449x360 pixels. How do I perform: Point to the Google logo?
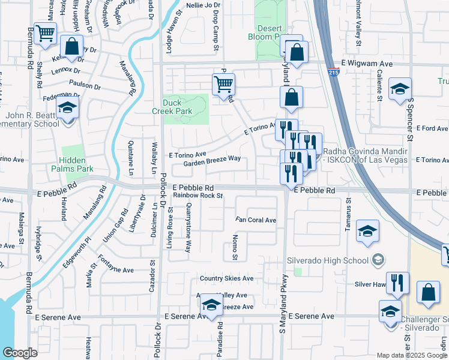(x=20, y=353)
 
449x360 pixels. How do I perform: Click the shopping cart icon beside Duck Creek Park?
(x=223, y=85)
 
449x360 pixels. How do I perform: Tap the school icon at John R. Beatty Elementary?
(x=68, y=109)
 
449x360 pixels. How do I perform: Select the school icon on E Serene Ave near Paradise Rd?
(x=211, y=305)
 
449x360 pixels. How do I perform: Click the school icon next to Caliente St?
(x=400, y=89)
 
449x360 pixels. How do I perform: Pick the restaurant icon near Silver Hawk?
(x=397, y=283)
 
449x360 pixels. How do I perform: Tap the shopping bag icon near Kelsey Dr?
(x=71, y=47)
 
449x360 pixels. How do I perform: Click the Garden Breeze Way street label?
(x=212, y=159)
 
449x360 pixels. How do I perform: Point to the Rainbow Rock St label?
(x=198, y=196)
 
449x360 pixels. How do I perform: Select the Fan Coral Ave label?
(x=256, y=220)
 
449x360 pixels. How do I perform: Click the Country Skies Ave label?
(x=226, y=278)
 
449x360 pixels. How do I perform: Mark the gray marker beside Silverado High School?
(x=378, y=259)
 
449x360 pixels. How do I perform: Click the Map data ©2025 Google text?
(x=411, y=355)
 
